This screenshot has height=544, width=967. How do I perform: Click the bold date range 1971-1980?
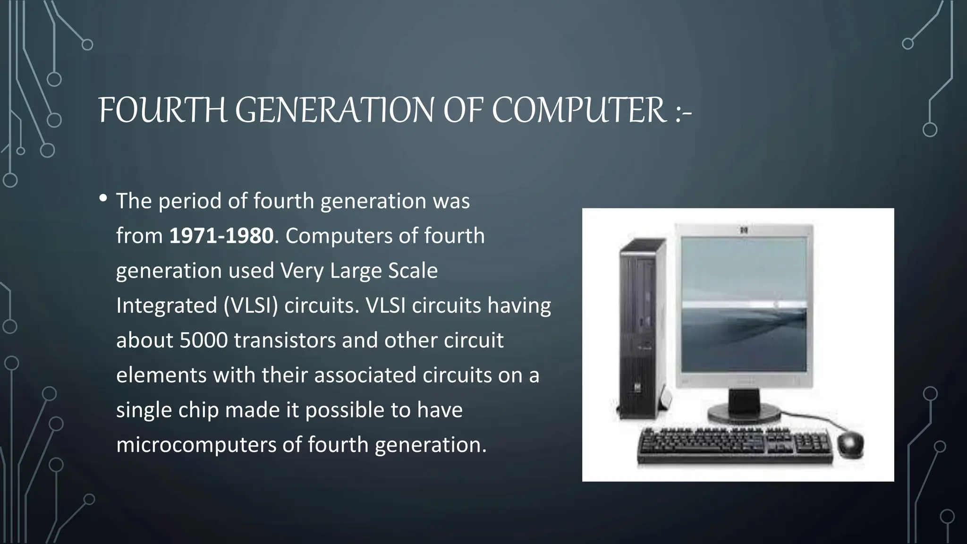[x=221, y=236]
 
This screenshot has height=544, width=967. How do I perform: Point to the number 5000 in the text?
[x=204, y=340]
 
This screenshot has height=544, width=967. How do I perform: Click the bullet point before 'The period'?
[x=103, y=199]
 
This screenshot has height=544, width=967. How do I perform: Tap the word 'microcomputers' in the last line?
[x=196, y=445]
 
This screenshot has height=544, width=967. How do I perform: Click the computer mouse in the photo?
[x=850, y=443]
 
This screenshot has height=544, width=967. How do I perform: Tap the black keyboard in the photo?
[x=735, y=446]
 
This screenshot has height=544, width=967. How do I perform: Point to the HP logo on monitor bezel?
[x=745, y=231]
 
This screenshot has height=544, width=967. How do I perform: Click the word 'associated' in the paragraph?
[x=365, y=375]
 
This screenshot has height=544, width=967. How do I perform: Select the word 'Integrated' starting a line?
[x=167, y=306]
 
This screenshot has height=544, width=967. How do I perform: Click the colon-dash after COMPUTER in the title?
[x=683, y=113]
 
